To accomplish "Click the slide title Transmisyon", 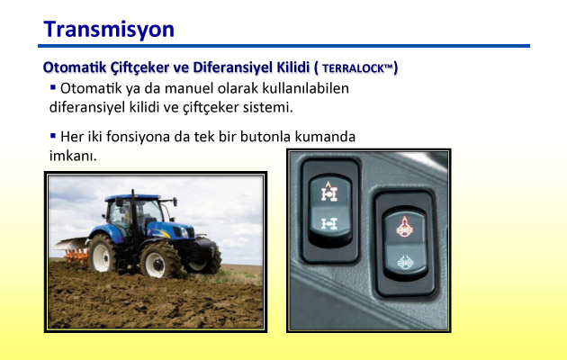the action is [x=109, y=30].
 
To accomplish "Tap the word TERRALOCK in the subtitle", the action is [x=357, y=68].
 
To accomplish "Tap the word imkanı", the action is [x=73, y=156].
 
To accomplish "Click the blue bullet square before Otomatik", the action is [x=53, y=87].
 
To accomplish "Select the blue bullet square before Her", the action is [x=53, y=136].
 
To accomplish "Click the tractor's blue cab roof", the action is [x=132, y=198].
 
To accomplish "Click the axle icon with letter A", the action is [x=329, y=192].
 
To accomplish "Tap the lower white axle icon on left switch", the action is [x=329, y=224].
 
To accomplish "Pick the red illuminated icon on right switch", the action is [x=405, y=227].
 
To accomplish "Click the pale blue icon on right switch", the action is [x=405, y=263].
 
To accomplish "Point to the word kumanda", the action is [x=325, y=137].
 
